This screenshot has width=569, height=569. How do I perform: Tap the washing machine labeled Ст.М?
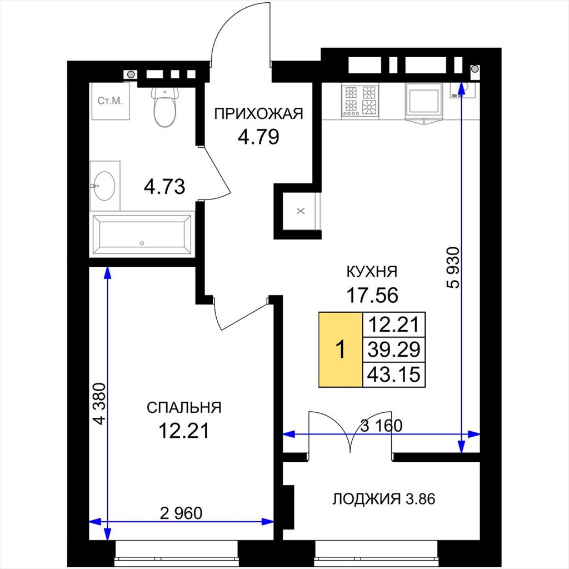(111, 101)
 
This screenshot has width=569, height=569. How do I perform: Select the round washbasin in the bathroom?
(104, 186)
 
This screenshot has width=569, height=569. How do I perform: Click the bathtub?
(142, 235)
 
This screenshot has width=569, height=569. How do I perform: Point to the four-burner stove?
(360, 101)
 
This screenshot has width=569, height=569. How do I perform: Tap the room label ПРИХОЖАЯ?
(258, 113)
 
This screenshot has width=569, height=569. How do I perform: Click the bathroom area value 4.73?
(164, 186)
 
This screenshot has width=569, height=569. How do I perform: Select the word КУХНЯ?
(372, 271)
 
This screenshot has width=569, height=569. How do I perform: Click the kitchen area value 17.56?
(372, 295)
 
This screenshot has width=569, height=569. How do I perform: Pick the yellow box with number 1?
(341, 350)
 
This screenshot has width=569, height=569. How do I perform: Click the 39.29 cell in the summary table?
(394, 349)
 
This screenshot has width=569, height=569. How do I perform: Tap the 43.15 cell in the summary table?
(394, 374)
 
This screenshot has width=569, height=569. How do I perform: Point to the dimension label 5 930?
(453, 267)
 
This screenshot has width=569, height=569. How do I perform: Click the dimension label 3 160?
(381, 425)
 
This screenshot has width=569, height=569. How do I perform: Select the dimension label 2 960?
(181, 513)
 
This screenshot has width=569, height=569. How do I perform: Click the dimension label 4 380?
(99, 403)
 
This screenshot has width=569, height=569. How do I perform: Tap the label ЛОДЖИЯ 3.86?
(383, 499)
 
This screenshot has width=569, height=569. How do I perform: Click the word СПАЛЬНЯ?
(184, 407)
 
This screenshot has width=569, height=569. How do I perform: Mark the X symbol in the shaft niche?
(301, 211)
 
